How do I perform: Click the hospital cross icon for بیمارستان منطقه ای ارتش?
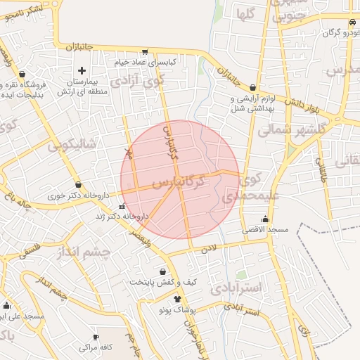click(82, 70)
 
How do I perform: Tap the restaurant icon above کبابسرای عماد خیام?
click(145, 51)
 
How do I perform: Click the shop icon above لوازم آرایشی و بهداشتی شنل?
click(252, 88)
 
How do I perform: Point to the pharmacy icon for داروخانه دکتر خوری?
click(78, 185)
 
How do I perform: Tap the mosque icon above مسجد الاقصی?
click(265, 219)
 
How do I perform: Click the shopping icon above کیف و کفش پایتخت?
click(163, 271)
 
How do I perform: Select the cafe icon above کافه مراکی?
click(96, 337)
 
